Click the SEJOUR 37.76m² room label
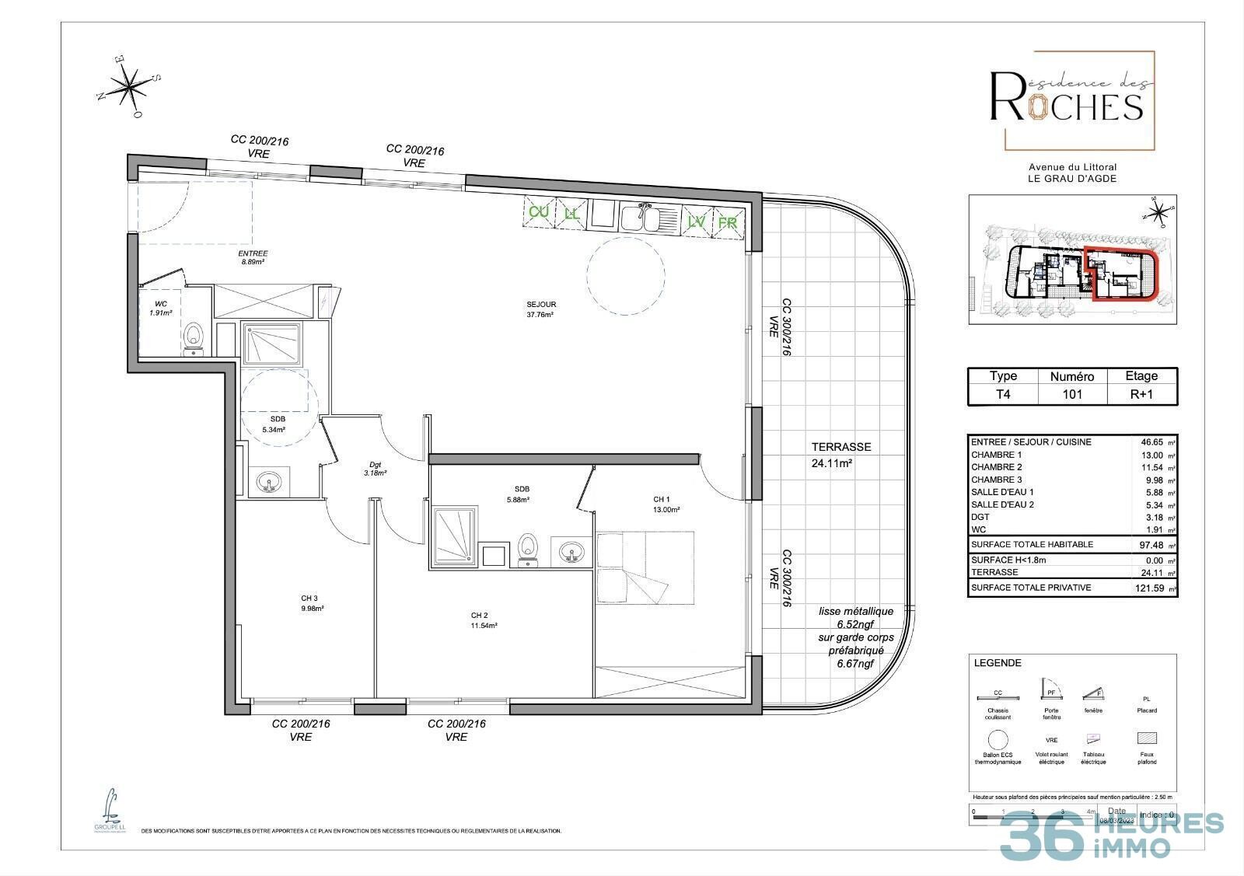(x=541, y=309)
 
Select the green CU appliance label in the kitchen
(x=539, y=212)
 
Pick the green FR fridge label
(x=727, y=222)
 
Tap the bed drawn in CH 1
(x=645, y=567)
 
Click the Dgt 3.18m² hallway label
(x=375, y=468)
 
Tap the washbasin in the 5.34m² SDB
(x=270, y=482)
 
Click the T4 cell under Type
(x=1003, y=394)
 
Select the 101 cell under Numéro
(x=1072, y=394)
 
